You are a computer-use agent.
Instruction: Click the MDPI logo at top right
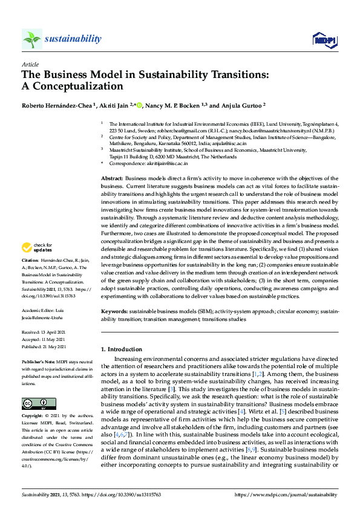tap(324, 40)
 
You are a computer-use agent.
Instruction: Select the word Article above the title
tap(30, 63)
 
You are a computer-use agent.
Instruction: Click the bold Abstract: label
tap(112, 179)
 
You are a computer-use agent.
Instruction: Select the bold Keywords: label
tap(115, 311)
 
